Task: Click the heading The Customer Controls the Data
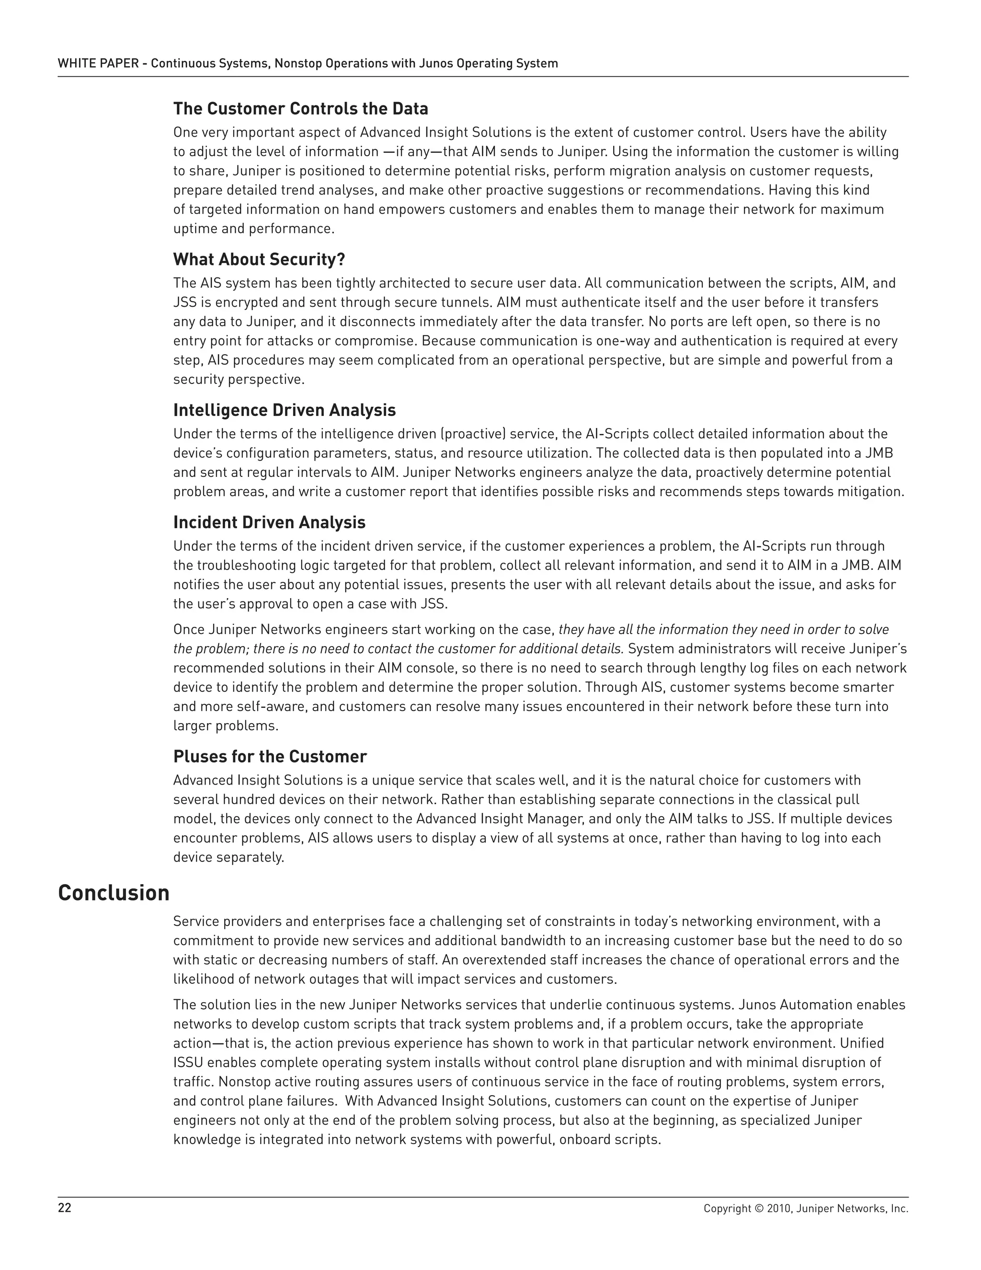click(300, 109)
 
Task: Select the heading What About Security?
click(259, 259)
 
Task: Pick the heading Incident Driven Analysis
click(269, 522)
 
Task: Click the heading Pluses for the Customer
click(270, 757)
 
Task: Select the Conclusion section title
click(114, 893)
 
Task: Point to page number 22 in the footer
click(65, 1208)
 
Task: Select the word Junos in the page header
click(436, 63)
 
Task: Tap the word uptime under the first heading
click(194, 229)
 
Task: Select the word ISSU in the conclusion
click(188, 1062)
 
